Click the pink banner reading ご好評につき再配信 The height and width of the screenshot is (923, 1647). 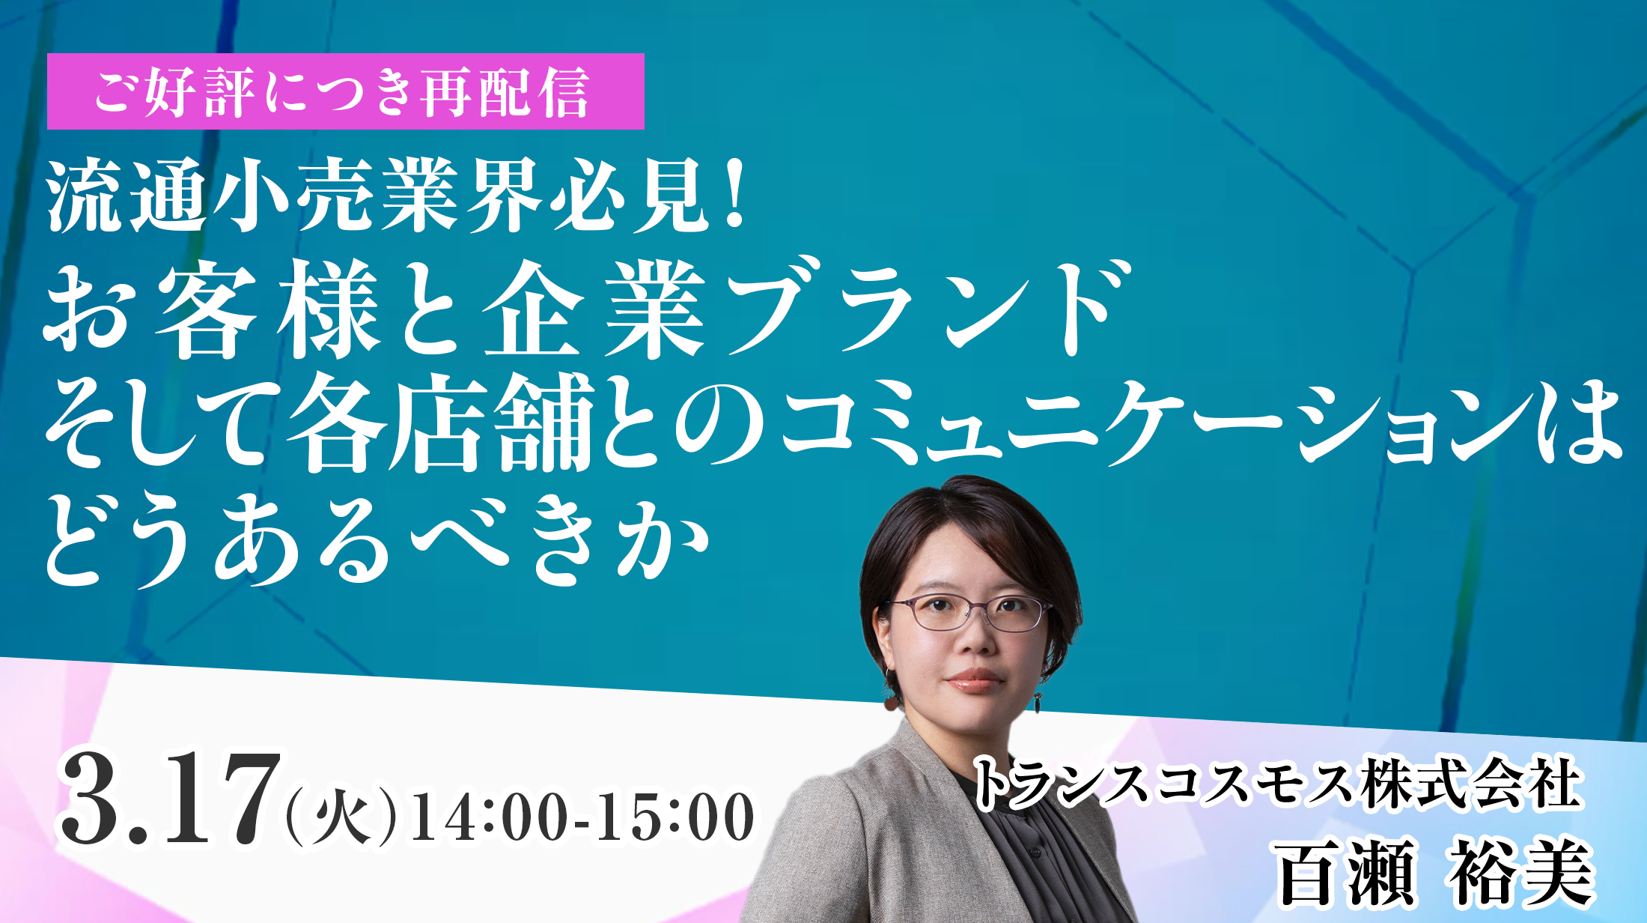click(345, 91)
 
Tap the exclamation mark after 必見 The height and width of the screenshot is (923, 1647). click(735, 196)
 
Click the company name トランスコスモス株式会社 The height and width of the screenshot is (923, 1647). click(1276, 783)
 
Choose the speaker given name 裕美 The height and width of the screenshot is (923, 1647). click(1520, 874)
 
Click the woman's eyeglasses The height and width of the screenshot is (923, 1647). click(970, 612)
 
